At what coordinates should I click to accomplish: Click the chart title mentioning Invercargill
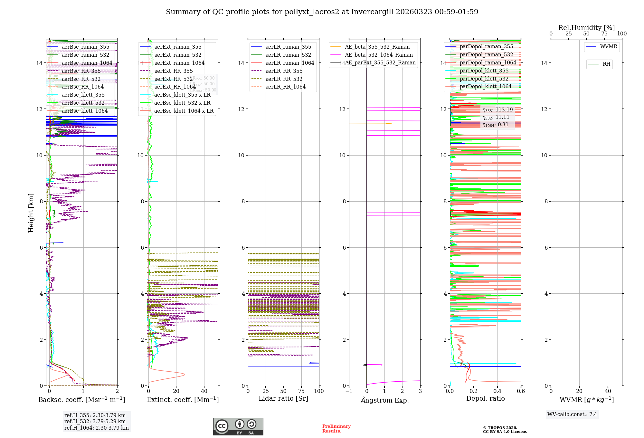pyautogui.click(x=322, y=12)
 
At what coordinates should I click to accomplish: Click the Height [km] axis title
pyautogui.click(x=31, y=213)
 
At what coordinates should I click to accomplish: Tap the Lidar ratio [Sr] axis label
pyautogui.click(x=283, y=399)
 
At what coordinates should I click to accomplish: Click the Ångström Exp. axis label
pyautogui.click(x=384, y=400)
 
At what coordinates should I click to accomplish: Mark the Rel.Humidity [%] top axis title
pyautogui.click(x=586, y=28)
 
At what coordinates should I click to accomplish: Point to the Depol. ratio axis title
pyautogui.click(x=485, y=399)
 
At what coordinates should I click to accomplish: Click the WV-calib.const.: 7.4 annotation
pyautogui.click(x=572, y=414)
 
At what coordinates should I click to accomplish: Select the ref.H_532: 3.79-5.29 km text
pyautogui.click(x=95, y=422)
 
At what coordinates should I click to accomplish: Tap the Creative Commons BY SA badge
pyautogui.click(x=238, y=426)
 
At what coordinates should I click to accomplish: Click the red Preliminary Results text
pyautogui.click(x=336, y=429)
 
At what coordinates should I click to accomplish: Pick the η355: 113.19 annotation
pyautogui.click(x=497, y=110)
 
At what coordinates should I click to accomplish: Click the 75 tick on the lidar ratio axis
pyautogui.click(x=301, y=391)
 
